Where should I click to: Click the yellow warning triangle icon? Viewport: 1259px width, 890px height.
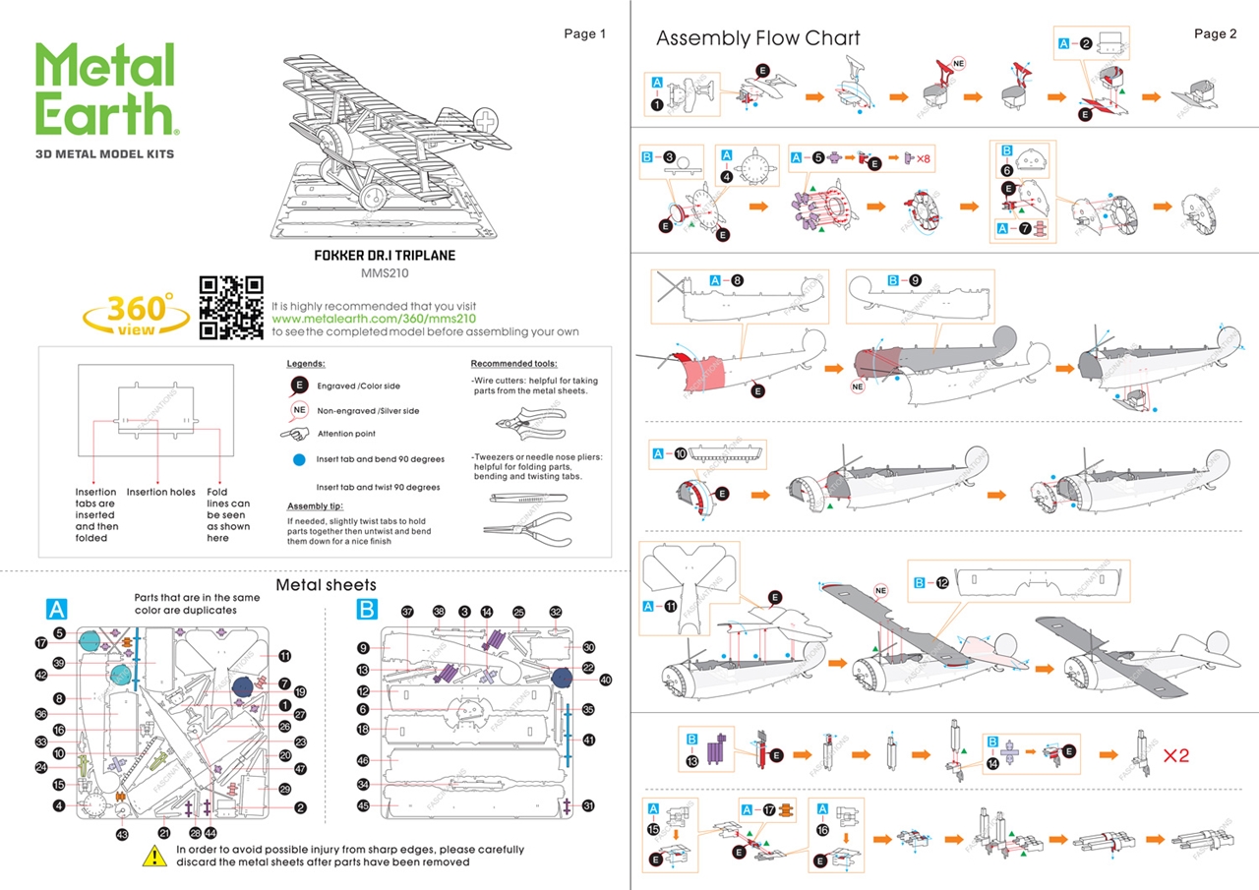coord(154,856)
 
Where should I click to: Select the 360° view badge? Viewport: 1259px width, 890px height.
coord(137,314)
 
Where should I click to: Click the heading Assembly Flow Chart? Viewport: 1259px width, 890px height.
coord(757,38)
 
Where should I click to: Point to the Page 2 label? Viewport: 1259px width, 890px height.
coord(1216,34)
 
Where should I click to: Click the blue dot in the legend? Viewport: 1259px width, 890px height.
coord(298,459)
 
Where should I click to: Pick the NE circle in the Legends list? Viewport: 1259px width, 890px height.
coord(298,410)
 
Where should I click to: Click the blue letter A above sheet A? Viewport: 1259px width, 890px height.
coord(57,609)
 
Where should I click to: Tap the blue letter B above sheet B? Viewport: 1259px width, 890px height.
coord(366,610)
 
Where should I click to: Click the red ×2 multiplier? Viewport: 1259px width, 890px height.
coord(1175,756)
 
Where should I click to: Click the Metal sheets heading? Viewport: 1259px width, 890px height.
coord(326,585)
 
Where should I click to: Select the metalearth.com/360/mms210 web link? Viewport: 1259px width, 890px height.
coord(374,319)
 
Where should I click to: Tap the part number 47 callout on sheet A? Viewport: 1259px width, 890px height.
coord(301,769)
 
